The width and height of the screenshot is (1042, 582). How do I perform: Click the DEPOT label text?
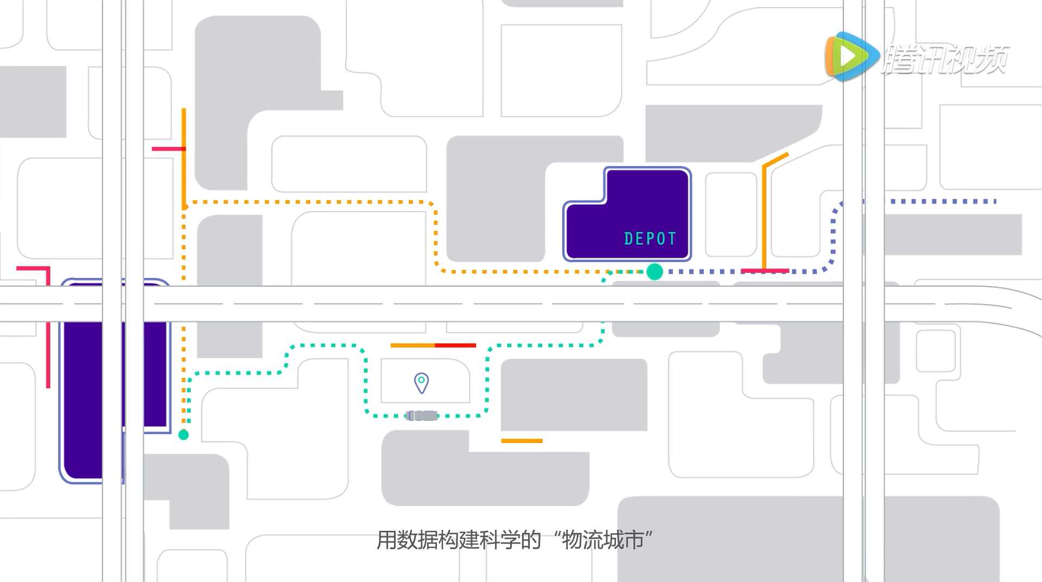650,239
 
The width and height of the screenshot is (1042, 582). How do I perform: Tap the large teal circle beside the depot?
655,271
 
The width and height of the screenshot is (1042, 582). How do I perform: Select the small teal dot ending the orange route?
183,434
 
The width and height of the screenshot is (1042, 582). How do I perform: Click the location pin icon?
421,382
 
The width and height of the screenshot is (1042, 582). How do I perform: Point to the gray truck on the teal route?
422,416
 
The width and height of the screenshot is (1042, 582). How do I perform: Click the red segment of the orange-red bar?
455,345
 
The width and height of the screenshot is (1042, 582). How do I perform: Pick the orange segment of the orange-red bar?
412,345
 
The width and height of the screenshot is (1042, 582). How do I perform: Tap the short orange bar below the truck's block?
522,441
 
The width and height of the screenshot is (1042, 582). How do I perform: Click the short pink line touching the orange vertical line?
168,149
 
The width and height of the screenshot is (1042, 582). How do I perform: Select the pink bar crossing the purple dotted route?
765,271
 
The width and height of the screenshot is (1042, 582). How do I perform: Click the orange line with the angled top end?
765,212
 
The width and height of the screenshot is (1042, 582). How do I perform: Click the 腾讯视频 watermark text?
945,59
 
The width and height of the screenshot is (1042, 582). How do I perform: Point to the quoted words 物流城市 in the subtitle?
602,540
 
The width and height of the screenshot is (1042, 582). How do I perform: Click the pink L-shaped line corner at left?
48,268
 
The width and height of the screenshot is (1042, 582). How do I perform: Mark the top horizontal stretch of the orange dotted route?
309,202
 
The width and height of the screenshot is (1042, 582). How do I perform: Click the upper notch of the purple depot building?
647,185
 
